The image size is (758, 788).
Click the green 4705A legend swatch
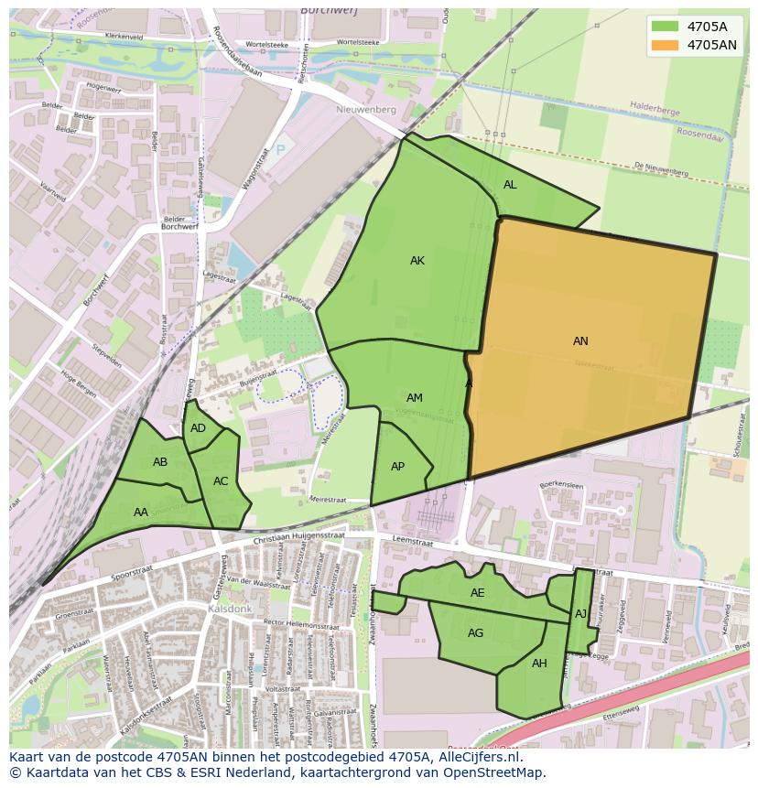(666, 27)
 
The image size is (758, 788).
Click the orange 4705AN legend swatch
(666, 45)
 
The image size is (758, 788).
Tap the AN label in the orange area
(580, 341)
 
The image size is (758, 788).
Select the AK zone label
(417, 261)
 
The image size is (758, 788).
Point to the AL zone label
(510, 185)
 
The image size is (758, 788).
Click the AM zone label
(415, 398)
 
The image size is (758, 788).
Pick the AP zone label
(398, 467)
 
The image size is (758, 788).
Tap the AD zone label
(198, 428)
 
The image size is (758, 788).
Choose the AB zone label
(160, 462)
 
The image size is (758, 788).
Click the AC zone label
(221, 481)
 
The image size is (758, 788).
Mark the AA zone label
(141, 513)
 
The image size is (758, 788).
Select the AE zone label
(478, 593)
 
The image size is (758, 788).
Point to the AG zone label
(476, 633)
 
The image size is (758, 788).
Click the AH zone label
(539, 664)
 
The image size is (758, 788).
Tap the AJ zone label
(580, 614)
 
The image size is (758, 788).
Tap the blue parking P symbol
(280, 149)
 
